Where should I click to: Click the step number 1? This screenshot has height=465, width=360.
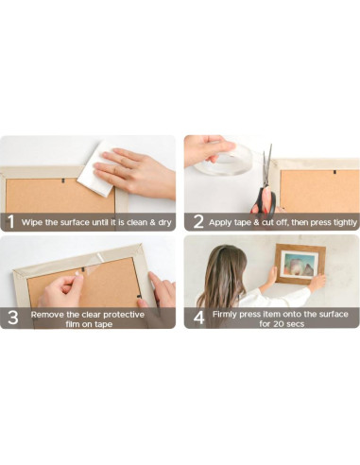pyautogui.click(x=10, y=222)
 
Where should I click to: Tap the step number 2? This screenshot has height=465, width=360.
pyautogui.click(x=198, y=222)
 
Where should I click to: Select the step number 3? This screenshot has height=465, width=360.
pyautogui.click(x=11, y=318)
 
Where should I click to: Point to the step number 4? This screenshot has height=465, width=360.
pyautogui.click(x=198, y=318)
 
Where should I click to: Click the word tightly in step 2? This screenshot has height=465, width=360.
pyautogui.click(x=338, y=223)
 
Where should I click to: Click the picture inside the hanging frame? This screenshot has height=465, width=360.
pyautogui.click(x=299, y=265)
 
